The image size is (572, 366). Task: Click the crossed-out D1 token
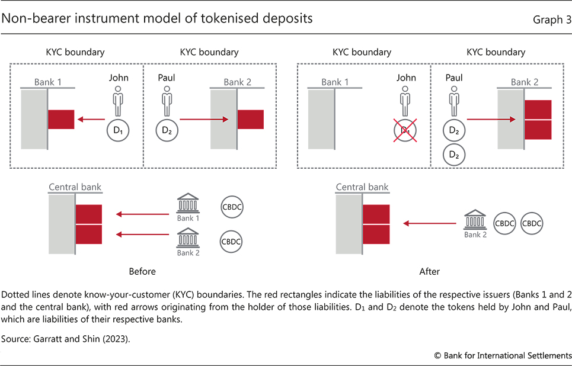(405, 129)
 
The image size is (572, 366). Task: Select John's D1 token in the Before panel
(117, 129)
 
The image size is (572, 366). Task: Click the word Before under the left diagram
(142, 272)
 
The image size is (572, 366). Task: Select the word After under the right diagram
(429, 272)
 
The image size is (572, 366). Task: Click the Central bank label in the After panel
(362, 187)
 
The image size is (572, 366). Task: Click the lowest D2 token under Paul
(454, 155)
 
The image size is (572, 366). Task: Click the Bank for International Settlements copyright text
(503, 355)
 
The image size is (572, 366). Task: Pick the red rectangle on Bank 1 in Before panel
(61, 120)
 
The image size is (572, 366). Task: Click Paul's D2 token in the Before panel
(167, 129)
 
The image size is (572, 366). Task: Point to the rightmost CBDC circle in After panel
(531, 223)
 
